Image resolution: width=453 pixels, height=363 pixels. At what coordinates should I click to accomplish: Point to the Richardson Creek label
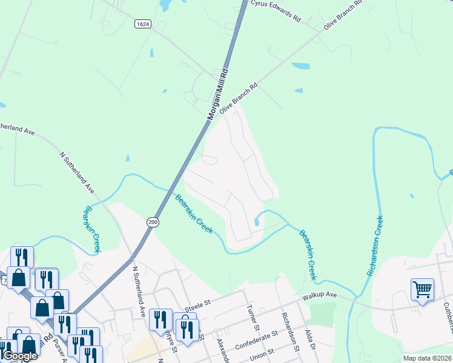point(374,246)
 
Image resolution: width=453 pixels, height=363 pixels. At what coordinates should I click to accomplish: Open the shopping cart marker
point(422,289)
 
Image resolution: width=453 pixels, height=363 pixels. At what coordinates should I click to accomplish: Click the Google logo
point(20,356)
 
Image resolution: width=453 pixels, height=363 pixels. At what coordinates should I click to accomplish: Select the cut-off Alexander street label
point(222,351)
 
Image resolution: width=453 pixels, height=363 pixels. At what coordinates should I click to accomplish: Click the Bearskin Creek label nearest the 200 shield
point(194,214)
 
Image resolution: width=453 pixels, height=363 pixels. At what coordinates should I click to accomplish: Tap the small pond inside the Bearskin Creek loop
point(257,222)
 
